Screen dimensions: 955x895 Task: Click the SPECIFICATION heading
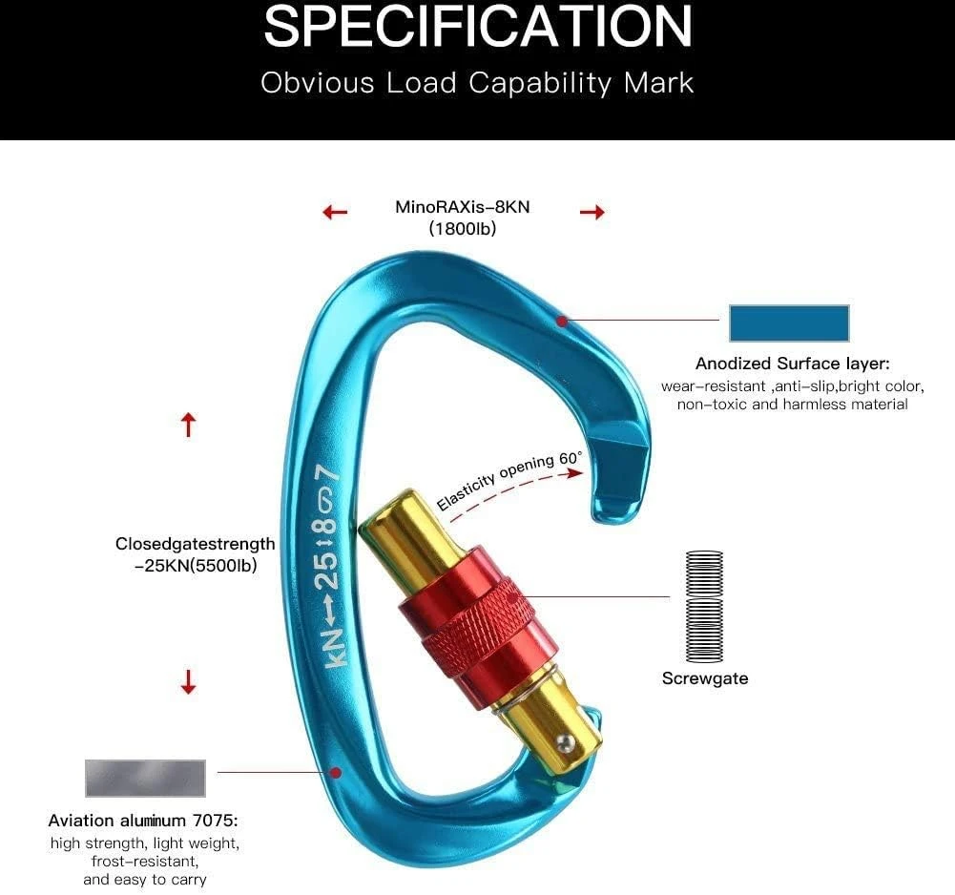click(478, 26)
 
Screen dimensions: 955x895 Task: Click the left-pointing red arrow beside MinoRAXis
click(335, 212)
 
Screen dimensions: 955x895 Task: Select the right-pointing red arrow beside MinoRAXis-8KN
click(592, 212)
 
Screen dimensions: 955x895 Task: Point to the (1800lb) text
click(463, 228)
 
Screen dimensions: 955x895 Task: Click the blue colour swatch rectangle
click(789, 323)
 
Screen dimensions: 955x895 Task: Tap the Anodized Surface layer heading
click(793, 364)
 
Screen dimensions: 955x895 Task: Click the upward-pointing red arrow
click(189, 425)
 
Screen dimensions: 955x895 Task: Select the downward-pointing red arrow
click(189, 682)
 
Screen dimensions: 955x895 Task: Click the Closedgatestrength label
click(195, 544)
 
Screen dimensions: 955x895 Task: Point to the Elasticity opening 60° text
click(509, 480)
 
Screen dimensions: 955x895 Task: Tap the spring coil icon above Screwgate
click(705, 606)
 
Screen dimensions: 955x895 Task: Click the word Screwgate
click(705, 678)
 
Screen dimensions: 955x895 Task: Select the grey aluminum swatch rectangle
click(145, 778)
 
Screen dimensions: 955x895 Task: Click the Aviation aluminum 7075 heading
click(143, 821)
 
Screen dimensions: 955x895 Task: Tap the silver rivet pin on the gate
click(566, 740)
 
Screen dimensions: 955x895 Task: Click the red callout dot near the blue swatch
click(562, 321)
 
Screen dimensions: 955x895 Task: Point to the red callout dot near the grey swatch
click(335, 773)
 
